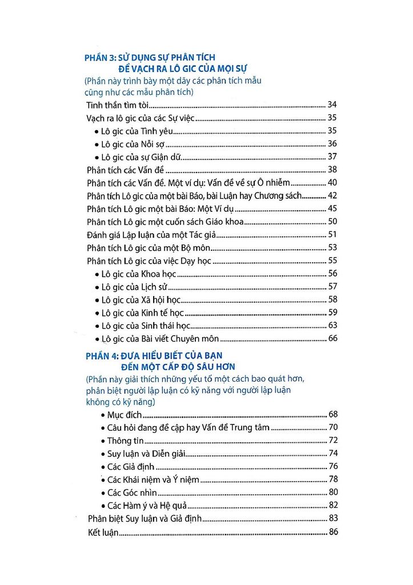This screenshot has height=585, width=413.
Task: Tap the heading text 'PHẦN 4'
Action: pyautogui.click(x=99, y=355)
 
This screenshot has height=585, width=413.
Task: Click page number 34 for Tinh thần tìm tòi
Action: pyautogui.click(x=333, y=105)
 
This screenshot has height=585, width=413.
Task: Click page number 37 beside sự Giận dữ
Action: pyautogui.click(x=333, y=157)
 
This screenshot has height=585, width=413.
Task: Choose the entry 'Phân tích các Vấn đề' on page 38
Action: pyautogui.click(x=125, y=170)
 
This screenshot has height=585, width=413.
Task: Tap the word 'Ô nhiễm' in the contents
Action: pyautogui.click(x=273, y=183)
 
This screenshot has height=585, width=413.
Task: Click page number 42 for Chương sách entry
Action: pyautogui.click(x=333, y=196)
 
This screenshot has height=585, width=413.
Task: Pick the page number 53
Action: pyautogui.click(x=333, y=248)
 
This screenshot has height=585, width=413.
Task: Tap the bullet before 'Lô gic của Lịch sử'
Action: pyautogui.click(x=95, y=287)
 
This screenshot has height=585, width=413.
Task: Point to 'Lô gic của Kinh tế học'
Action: pyautogui.click(x=142, y=312)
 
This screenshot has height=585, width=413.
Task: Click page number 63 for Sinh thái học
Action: pyautogui.click(x=333, y=326)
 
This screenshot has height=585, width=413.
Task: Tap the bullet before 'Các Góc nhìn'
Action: pyautogui.click(x=102, y=492)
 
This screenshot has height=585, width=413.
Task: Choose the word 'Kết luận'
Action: pyautogui.click(x=103, y=532)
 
